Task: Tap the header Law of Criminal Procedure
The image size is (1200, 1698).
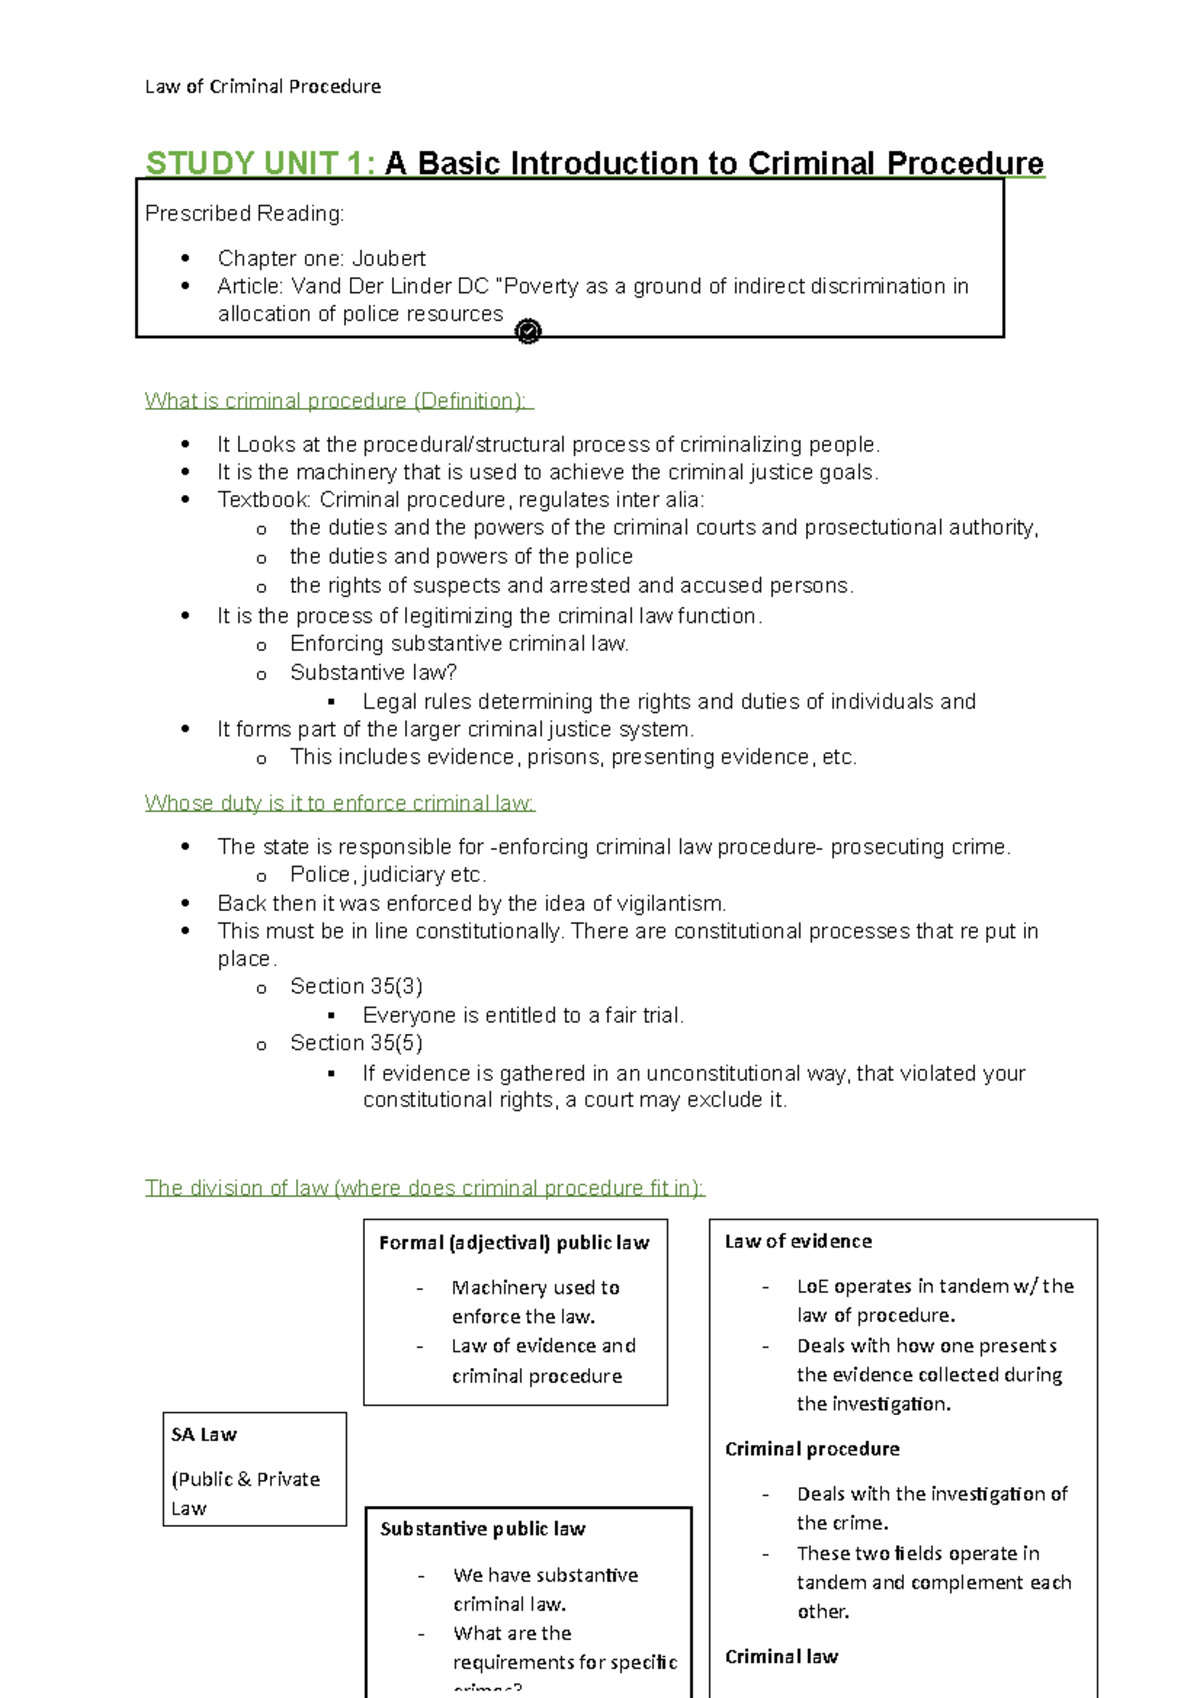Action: [x=262, y=87]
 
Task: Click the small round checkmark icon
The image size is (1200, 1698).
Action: [x=528, y=331]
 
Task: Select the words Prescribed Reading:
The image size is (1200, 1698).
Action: [x=244, y=214]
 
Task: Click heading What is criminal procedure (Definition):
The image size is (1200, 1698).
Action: [x=338, y=401]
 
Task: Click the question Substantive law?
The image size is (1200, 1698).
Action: [x=373, y=673]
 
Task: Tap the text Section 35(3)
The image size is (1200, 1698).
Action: [x=356, y=987]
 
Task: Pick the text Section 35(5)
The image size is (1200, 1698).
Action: [x=356, y=1043]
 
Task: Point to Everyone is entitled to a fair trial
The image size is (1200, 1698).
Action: [x=523, y=1016]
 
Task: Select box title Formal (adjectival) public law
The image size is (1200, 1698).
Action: [x=514, y=1243]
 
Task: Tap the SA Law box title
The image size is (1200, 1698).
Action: [x=204, y=1435]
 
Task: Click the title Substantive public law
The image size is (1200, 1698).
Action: [x=483, y=1529]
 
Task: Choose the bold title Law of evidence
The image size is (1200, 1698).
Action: [x=798, y=1242]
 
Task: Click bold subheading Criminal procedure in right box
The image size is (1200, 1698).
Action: [x=812, y=1449]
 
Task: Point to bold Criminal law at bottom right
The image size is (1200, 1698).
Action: [x=781, y=1657]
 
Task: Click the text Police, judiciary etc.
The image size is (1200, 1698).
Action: [x=388, y=875]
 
